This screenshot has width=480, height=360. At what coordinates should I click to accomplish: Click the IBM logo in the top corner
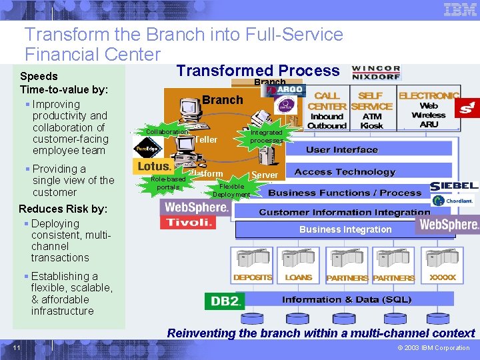(x=460, y=9)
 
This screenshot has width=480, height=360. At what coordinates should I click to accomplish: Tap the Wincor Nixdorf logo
(x=376, y=71)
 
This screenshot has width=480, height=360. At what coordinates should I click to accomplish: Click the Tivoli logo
(x=187, y=223)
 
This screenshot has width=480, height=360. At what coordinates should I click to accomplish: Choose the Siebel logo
(x=454, y=186)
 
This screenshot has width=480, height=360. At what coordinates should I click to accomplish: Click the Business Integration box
(x=345, y=229)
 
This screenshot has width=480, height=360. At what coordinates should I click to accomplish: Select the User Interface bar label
(x=342, y=150)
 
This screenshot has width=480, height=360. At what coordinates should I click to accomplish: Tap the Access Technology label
(x=345, y=172)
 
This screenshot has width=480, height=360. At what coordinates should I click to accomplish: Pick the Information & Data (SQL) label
(x=347, y=299)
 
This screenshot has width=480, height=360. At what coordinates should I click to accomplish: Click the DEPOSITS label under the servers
(x=253, y=277)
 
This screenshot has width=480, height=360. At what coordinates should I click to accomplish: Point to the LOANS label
(x=298, y=277)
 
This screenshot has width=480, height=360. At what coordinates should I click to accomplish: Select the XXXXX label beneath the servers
(x=443, y=277)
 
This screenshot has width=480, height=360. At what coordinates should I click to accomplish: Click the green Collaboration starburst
(x=167, y=132)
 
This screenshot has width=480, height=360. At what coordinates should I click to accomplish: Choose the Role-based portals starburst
(x=168, y=183)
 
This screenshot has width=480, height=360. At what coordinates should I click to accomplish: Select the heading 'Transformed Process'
(x=257, y=71)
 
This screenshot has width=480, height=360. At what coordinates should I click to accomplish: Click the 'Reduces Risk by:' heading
(x=63, y=209)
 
